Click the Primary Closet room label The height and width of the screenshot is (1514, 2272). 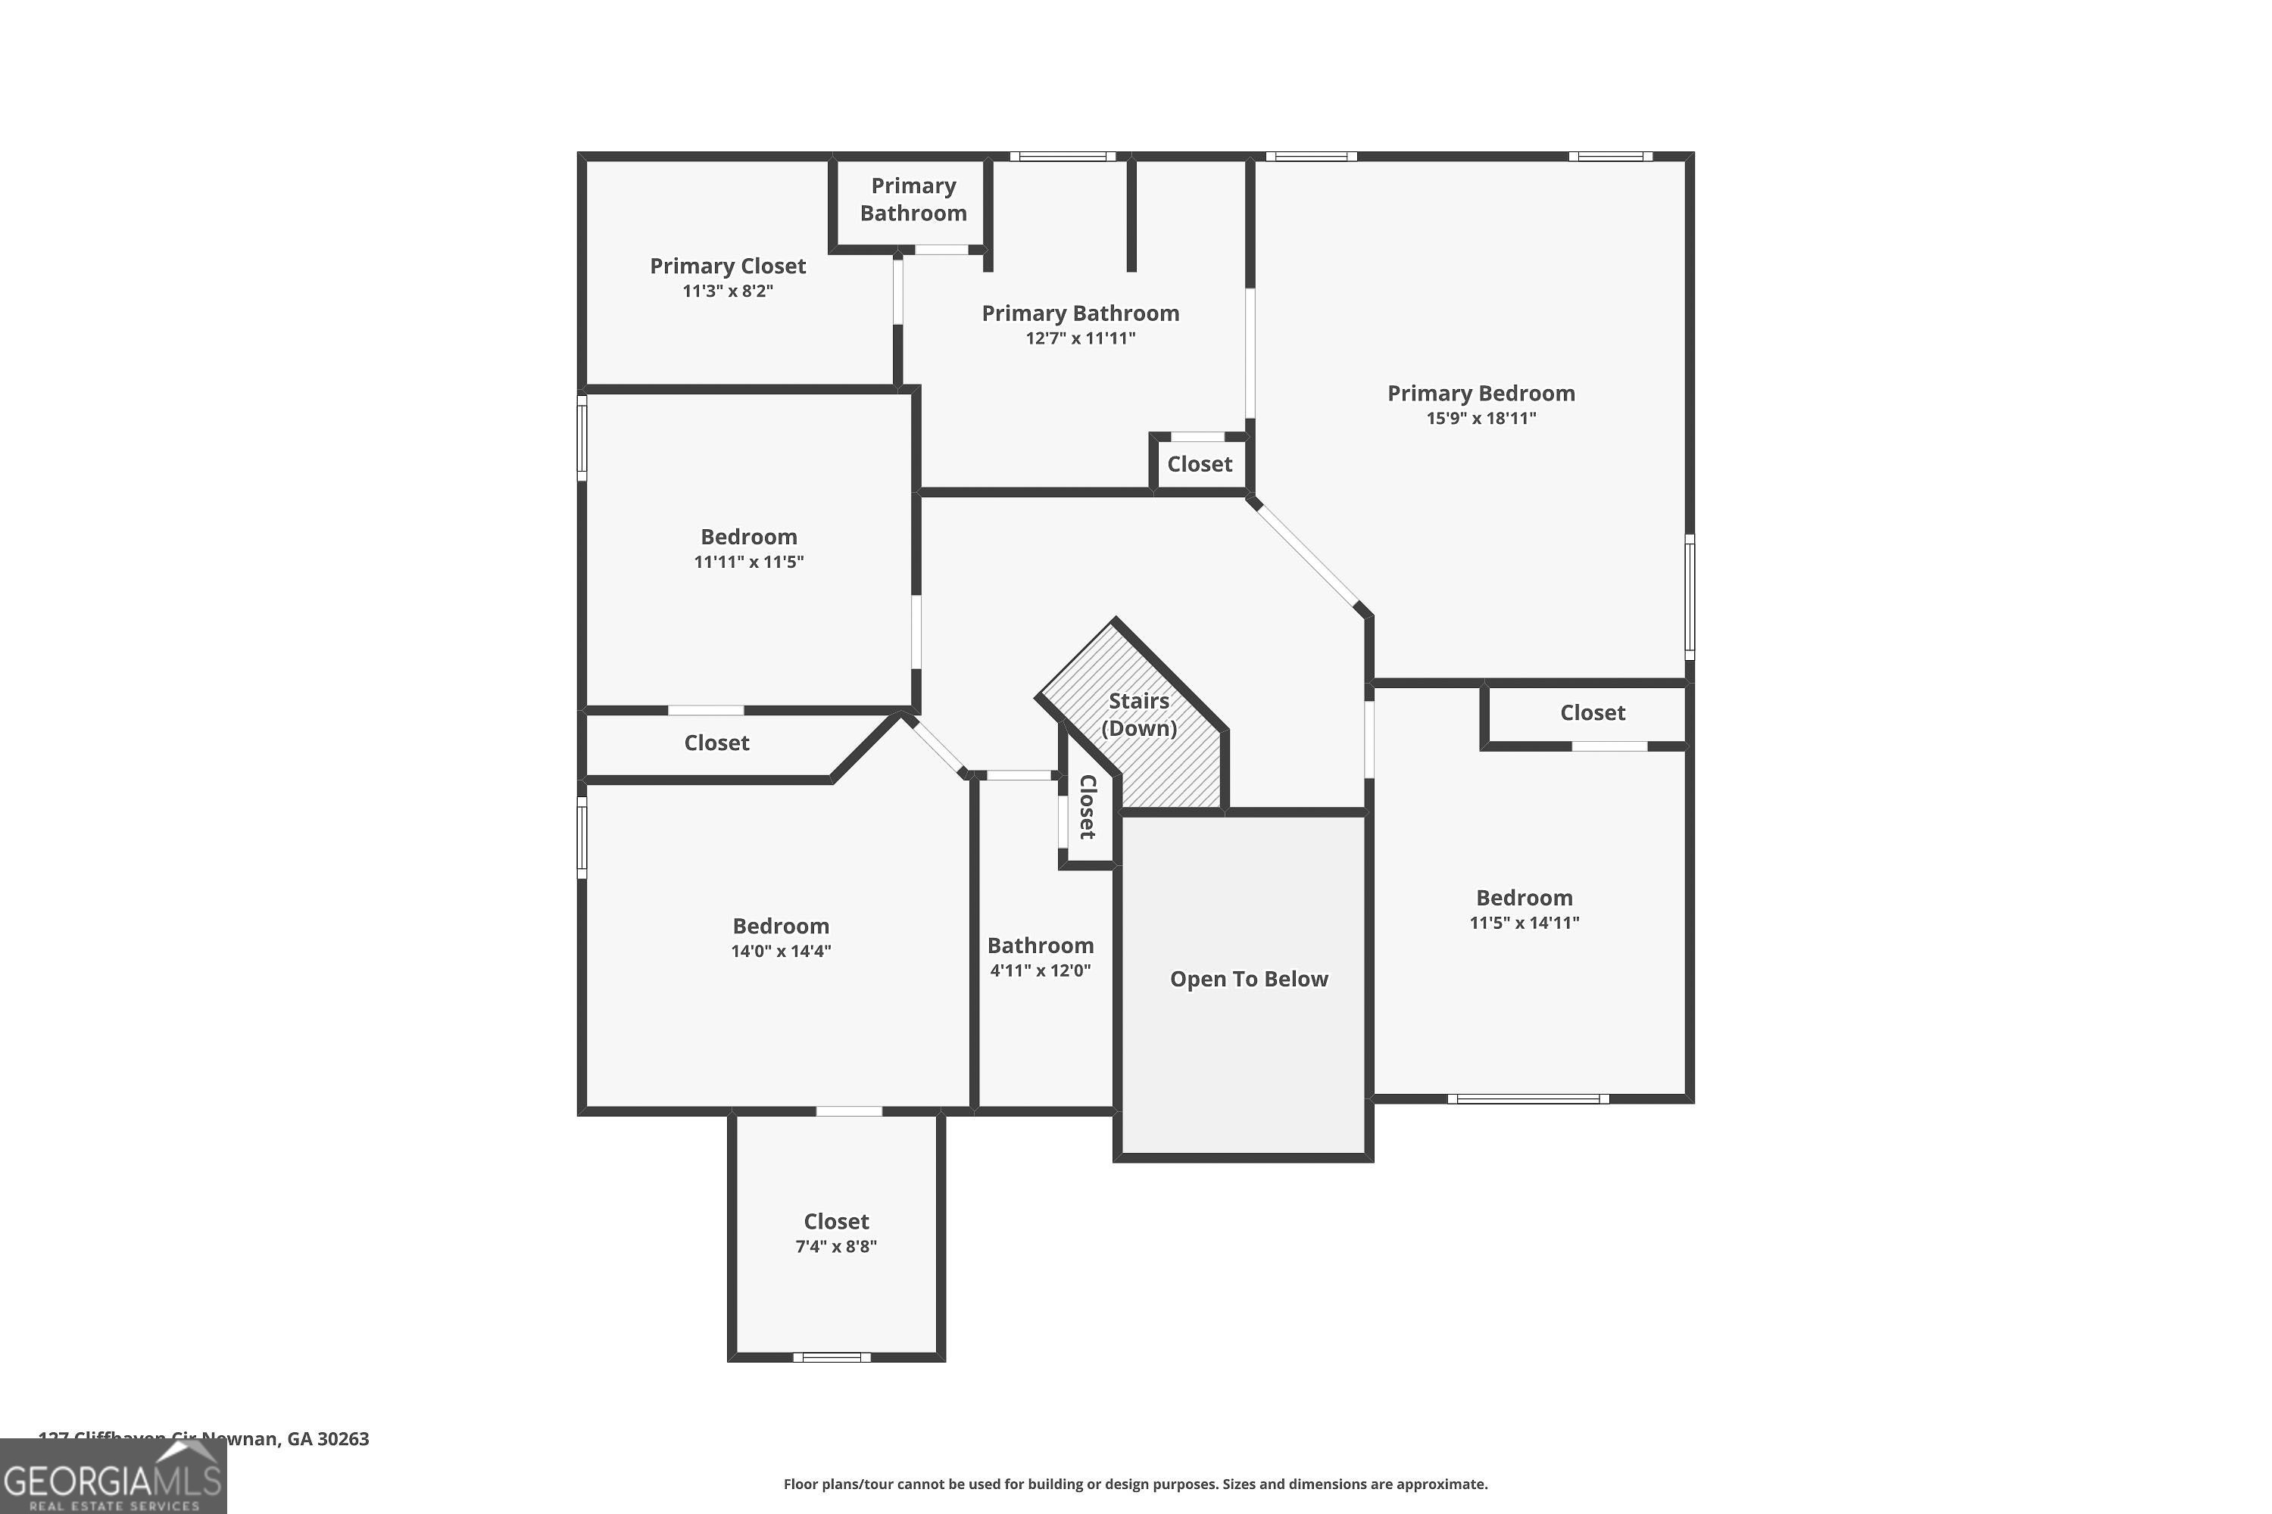pyautogui.click(x=727, y=266)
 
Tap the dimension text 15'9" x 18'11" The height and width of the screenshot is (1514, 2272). pyautogui.click(x=1481, y=418)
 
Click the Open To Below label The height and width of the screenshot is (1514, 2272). pyautogui.click(x=1248, y=979)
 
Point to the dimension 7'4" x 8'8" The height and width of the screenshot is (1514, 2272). pyautogui.click(x=835, y=1247)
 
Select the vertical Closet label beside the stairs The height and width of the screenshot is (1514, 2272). pyautogui.click(x=1088, y=806)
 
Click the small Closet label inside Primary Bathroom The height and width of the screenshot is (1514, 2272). pyautogui.click(x=1199, y=465)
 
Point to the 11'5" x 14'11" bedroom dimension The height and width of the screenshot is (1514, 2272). pyautogui.click(x=1523, y=923)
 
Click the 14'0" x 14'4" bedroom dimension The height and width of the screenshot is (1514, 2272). pyautogui.click(x=781, y=951)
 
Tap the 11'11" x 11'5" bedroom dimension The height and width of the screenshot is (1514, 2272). pyautogui.click(x=749, y=562)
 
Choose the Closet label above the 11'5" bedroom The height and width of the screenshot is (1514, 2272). pyautogui.click(x=1592, y=712)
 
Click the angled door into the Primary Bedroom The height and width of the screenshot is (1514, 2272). pyautogui.click(x=1305, y=554)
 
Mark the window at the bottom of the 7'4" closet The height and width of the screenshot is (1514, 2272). pyautogui.click(x=832, y=1357)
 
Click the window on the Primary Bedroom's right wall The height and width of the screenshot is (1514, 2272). pyautogui.click(x=1689, y=597)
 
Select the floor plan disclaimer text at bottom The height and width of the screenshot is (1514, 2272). pyautogui.click(x=1135, y=1484)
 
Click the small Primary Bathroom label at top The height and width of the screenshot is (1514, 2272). pyautogui.click(x=913, y=199)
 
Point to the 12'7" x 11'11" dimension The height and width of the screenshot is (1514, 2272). pyautogui.click(x=1080, y=338)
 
